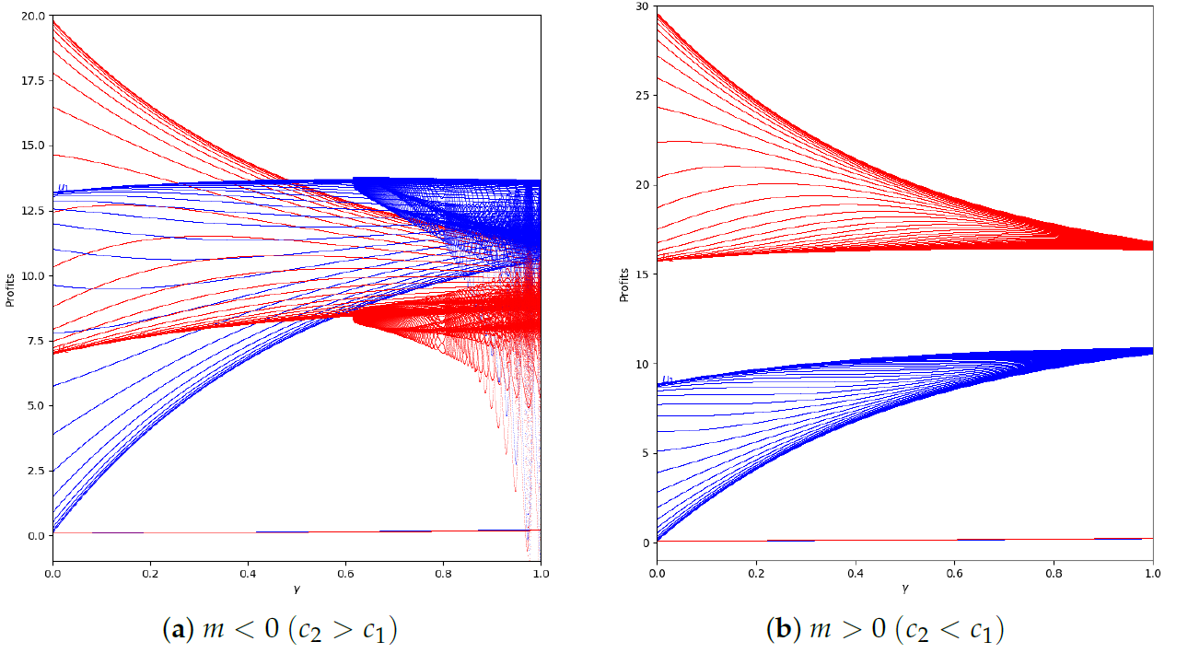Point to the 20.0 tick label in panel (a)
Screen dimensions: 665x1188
(33, 16)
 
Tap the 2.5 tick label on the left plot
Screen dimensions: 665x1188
(36, 471)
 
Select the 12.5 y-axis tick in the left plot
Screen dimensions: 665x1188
(33, 211)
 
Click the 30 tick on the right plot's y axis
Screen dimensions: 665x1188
(642, 6)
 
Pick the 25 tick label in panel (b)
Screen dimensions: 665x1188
(642, 96)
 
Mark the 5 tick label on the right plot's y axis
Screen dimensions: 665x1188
(645, 453)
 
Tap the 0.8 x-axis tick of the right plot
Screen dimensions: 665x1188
(1054, 573)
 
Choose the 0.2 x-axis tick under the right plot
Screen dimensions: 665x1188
(756, 573)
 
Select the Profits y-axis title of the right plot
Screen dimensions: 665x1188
(625, 274)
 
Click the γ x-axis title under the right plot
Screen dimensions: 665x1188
(904, 587)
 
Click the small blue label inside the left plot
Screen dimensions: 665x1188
(63, 188)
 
